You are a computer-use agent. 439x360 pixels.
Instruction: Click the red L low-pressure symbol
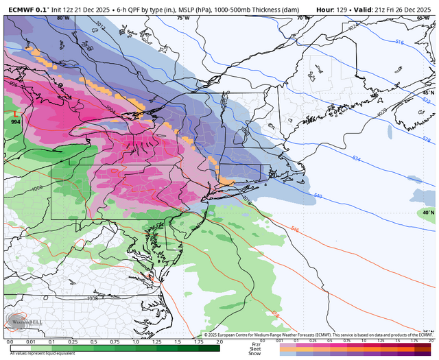click(15, 112)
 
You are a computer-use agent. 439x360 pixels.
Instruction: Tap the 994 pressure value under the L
click(15, 121)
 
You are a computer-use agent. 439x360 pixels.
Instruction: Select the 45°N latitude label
click(427, 92)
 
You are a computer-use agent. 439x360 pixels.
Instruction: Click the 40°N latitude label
click(427, 213)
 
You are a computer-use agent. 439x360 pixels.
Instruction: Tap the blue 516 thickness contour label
click(400, 42)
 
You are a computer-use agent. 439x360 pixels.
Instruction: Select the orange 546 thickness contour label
click(295, 229)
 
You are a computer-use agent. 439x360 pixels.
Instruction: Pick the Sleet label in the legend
click(254, 348)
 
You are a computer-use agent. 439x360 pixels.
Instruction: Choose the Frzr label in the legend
click(254, 343)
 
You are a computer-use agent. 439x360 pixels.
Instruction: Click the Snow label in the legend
click(254, 353)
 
